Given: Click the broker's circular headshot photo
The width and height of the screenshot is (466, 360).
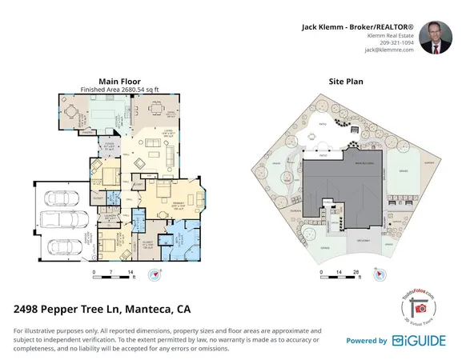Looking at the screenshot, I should pyautogui.click(x=436, y=37).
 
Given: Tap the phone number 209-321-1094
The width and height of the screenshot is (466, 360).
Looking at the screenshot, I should pyautogui.click(x=396, y=42).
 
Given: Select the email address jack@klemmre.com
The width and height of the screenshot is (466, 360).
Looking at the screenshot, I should pyautogui.click(x=388, y=50).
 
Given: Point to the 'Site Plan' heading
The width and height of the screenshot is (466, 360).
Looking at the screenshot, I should pyautogui.click(x=347, y=82).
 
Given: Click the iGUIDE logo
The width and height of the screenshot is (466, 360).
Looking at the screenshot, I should pyautogui.click(x=421, y=341).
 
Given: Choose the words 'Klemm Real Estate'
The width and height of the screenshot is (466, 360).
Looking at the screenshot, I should pyautogui.click(x=390, y=35).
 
